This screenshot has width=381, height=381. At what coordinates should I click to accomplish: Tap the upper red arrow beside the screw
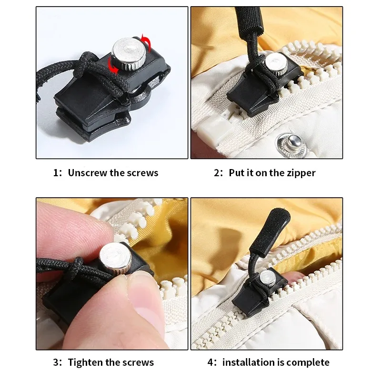pyautogui.click(x=147, y=45)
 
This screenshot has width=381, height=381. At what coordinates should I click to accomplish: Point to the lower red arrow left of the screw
pyautogui.click(x=113, y=67)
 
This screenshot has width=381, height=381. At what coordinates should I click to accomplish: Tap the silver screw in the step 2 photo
pyautogui.click(x=273, y=61)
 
